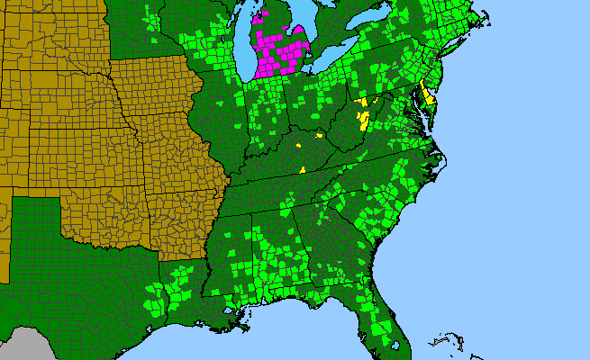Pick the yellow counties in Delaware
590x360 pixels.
(x=429, y=95)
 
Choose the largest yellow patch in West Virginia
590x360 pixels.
(x=364, y=117)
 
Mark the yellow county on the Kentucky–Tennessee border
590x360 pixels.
(x=303, y=168)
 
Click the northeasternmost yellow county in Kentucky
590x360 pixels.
(x=319, y=135)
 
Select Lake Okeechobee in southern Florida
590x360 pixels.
(x=394, y=325)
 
